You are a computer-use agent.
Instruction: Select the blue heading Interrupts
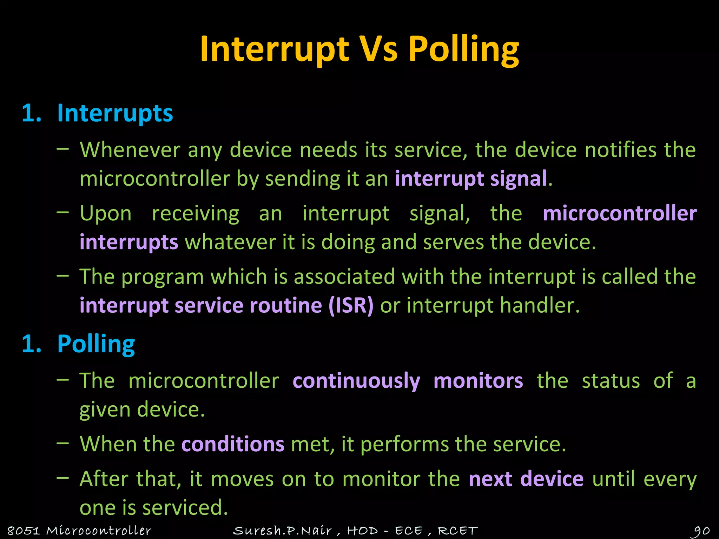click(115, 113)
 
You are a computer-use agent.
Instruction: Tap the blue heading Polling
click(96, 344)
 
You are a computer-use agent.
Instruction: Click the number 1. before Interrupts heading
click(32, 113)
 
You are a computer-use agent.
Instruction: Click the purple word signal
click(519, 179)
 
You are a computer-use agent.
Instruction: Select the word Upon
click(105, 214)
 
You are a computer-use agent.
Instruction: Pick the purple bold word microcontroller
click(620, 214)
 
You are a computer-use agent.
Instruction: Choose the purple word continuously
click(356, 381)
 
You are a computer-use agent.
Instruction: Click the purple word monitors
click(478, 381)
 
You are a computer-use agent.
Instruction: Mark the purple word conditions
click(233, 444)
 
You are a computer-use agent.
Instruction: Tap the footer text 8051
click(23, 531)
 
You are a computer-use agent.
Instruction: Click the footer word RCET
click(457, 531)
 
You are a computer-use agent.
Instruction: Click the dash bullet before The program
click(62, 276)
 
